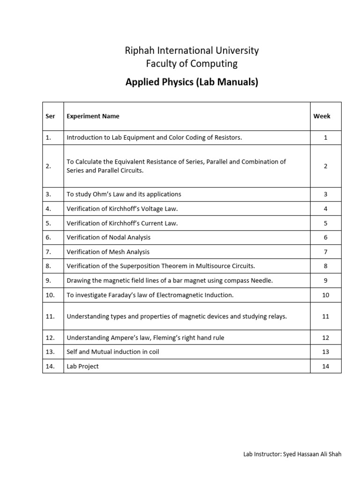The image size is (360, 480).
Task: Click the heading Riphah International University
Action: point(192,50)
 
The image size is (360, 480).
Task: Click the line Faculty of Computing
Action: point(192,63)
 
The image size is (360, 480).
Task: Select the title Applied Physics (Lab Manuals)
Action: point(192,83)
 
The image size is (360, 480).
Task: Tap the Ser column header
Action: point(51,116)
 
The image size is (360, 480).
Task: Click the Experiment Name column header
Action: point(93,116)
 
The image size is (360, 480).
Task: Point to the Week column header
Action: point(322,116)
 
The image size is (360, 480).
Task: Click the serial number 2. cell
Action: point(49,166)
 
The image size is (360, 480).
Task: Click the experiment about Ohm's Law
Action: point(124,194)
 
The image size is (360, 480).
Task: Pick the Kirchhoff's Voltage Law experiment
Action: point(122,209)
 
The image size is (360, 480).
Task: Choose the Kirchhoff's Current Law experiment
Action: point(122,223)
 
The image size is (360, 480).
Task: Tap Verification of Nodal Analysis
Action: point(109,238)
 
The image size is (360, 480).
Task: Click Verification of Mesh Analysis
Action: point(108,252)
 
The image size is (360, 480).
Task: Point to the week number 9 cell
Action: point(325,280)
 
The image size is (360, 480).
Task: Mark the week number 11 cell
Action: point(325,316)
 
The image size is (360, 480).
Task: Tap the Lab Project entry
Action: point(83,366)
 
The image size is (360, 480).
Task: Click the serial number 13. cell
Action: point(51,352)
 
